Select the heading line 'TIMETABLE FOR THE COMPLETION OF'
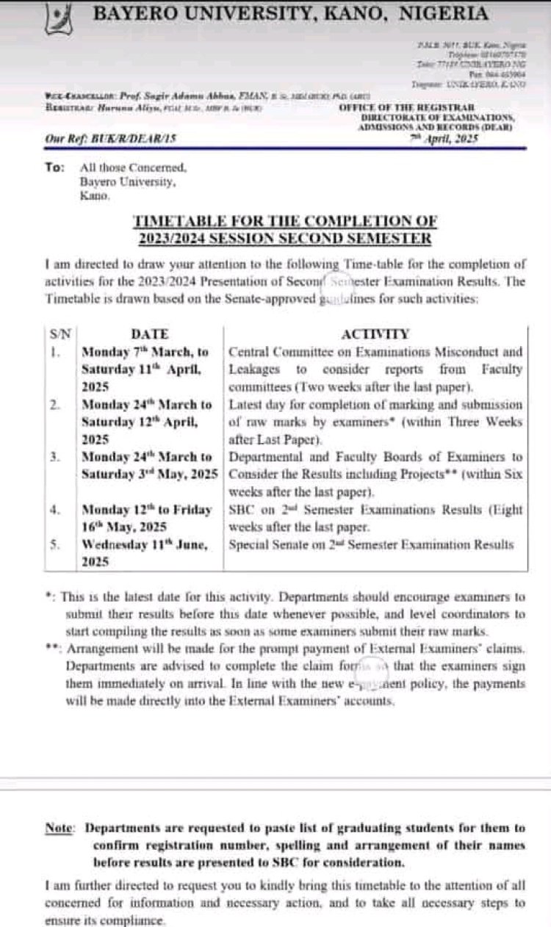(x=284, y=220)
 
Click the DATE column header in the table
(x=150, y=334)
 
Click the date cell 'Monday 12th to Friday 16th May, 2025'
(x=147, y=517)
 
